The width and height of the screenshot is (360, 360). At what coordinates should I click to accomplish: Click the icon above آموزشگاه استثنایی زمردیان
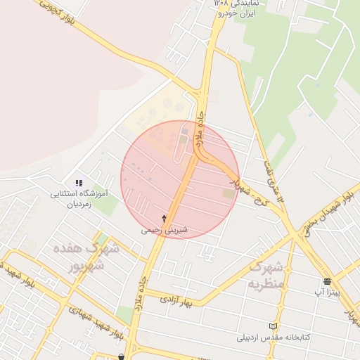79,183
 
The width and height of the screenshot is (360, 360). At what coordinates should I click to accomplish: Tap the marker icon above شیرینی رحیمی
165,219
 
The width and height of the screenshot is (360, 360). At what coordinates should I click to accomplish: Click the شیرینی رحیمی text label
165,229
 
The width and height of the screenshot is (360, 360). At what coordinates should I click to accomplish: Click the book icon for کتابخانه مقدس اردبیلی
274,326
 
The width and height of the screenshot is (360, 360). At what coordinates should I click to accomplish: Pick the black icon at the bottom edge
121,356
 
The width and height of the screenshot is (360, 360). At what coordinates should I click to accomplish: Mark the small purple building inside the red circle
185,131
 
